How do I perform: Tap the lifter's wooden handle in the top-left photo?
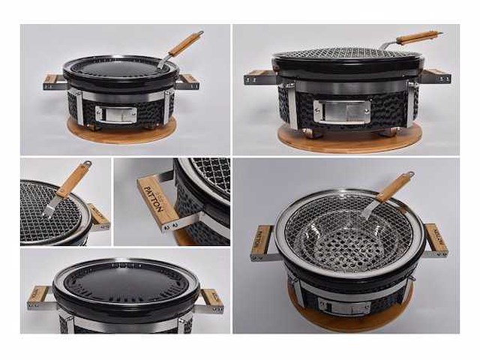(184, 44)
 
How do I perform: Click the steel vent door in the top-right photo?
(340, 110)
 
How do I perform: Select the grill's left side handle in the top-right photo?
(259, 76)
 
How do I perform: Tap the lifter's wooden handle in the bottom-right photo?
(394, 187)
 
